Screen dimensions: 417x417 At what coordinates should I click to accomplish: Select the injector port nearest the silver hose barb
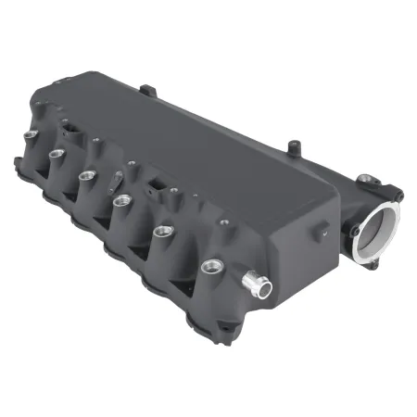[x=214, y=268]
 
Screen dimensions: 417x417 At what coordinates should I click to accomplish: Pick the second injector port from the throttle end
[x=164, y=232]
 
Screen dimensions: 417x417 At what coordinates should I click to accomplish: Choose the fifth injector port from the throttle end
[x=56, y=154]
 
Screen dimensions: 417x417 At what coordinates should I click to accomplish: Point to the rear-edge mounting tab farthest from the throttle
[x=146, y=90]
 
